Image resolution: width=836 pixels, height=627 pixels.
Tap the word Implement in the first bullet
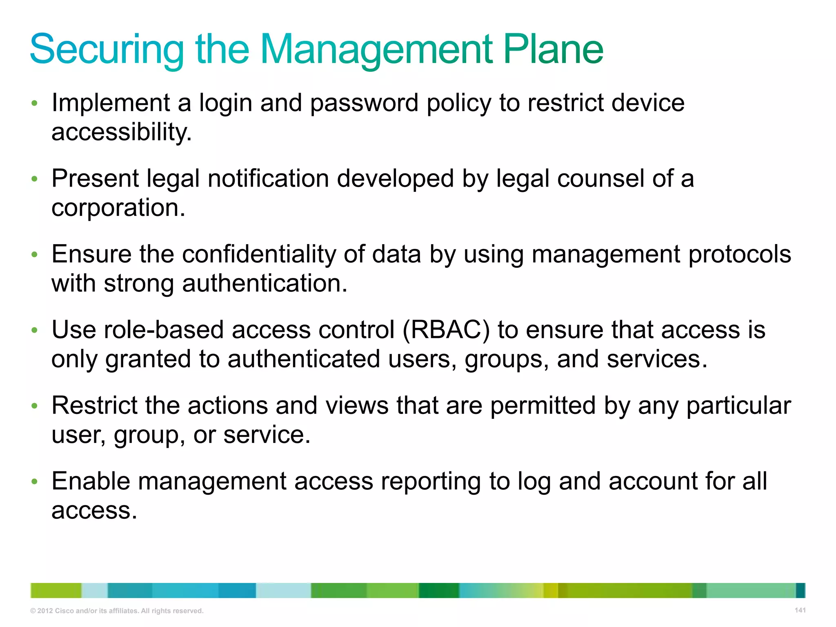111,103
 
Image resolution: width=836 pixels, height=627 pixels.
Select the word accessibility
121,132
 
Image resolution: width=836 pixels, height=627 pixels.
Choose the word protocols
740,254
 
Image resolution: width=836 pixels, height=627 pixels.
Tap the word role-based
164,330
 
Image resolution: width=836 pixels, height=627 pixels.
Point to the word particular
738,406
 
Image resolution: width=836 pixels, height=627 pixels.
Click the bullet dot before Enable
35,482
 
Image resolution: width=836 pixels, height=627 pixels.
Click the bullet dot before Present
35,179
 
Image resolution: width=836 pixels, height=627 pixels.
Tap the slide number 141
800,610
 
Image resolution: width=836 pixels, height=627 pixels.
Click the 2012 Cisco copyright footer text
117,611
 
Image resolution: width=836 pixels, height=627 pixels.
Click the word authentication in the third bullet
265,284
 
